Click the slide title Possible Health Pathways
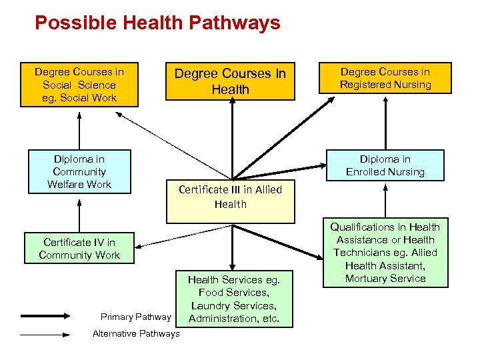pyautogui.click(x=157, y=23)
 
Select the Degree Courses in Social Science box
pyautogui.click(x=79, y=85)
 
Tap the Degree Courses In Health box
pyautogui.click(x=230, y=82)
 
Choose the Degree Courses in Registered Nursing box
pyautogui.click(x=385, y=78)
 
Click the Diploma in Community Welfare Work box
pyautogui.click(x=79, y=171)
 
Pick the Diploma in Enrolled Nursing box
pyautogui.click(x=385, y=165)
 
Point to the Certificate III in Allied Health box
pyautogui.click(x=230, y=200)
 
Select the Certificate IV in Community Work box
pyautogui.click(x=79, y=249)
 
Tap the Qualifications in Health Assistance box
pyautogui.click(x=385, y=253)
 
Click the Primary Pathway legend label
pyautogui.click(x=135, y=317)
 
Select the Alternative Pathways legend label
pyautogui.click(x=136, y=333)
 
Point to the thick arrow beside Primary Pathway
pyautogui.click(x=46, y=316)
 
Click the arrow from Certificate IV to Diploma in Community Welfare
pyautogui.click(x=79, y=213)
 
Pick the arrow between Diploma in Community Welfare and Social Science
pyautogui.click(x=79, y=129)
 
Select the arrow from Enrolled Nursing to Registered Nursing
pyautogui.click(x=385, y=123)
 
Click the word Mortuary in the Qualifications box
pyautogui.click(x=361, y=279)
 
